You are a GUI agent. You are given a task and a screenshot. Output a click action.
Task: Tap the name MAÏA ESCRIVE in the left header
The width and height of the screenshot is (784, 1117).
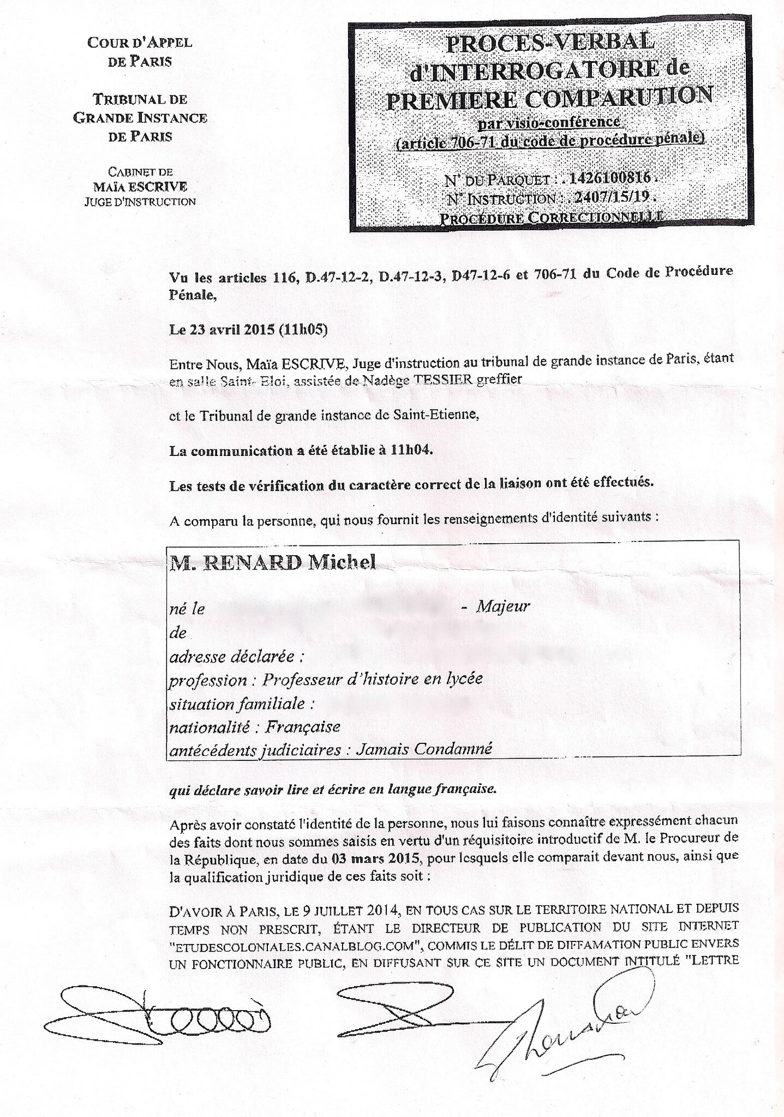click(140, 187)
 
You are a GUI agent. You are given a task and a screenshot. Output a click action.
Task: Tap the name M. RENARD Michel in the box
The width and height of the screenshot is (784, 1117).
click(273, 562)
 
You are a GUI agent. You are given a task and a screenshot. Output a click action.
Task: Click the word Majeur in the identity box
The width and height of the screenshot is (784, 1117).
click(503, 606)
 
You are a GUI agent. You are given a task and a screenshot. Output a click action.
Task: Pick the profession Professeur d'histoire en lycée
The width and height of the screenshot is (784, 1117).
click(372, 679)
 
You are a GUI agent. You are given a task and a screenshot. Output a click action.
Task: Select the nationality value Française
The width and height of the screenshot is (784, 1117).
click(303, 726)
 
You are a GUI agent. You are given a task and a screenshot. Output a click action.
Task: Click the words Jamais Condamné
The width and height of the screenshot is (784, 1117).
click(423, 749)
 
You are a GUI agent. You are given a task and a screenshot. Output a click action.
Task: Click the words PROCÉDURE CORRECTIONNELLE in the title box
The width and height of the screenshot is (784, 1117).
click(551, 218)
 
